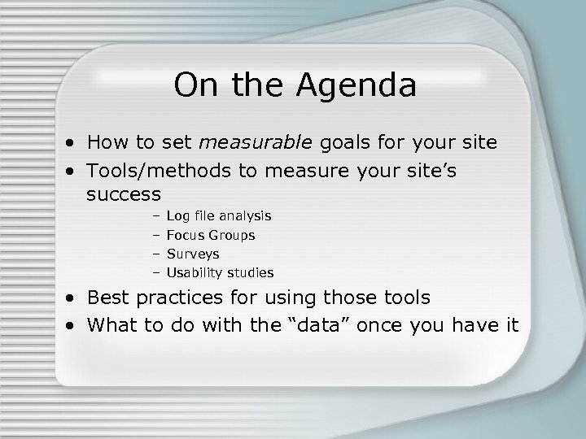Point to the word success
coord(124,195)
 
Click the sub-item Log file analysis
coord(219,216)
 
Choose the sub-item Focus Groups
coord(210,235)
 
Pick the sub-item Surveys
coord(193,254)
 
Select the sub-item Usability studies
coord(220,272)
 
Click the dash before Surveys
coord(155,254)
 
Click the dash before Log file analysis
coord(155,216)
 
